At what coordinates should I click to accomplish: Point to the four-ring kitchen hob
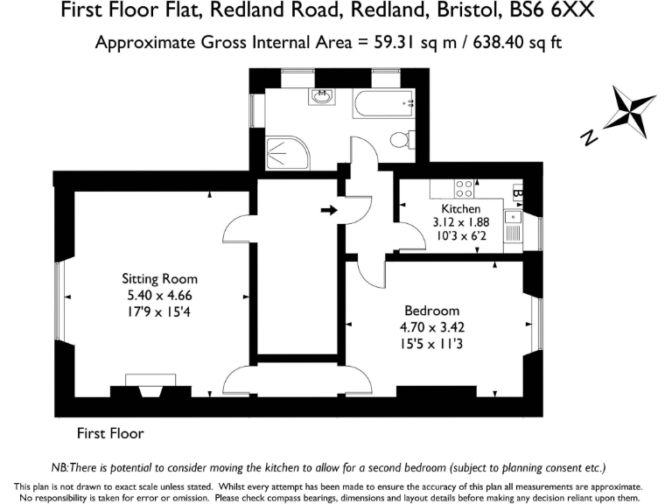pos(465,188)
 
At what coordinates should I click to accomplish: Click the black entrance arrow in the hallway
pos(329,210)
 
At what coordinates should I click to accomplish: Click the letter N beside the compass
pos(590,137)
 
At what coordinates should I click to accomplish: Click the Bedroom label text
pos(431,311)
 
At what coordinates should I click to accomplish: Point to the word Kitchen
pos(460,209)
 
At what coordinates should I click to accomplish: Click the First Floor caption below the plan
pos(110,433)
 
